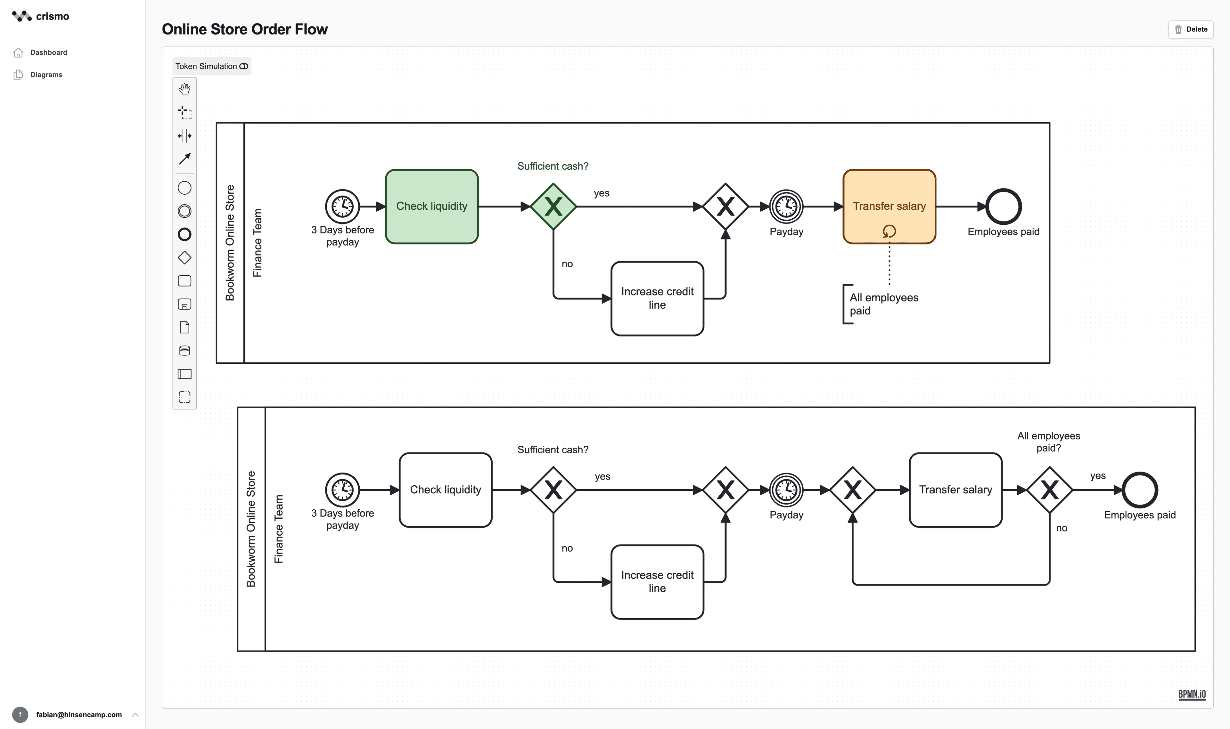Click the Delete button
click(1190, 29)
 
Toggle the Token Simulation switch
click(244, 66)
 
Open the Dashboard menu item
click(48, 53)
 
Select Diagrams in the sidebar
click(46, 75)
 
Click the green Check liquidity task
click(431, 206)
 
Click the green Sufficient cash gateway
click(553, 206)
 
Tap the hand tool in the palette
click(184, 89)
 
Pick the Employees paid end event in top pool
click(1003, 206)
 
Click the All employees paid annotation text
click(883, 304)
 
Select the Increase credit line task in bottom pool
click(657, 582)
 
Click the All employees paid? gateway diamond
click(1049, 490)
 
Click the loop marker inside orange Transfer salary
click(889, 231)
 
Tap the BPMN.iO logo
click(1191, 694)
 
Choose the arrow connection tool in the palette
click(184, 159)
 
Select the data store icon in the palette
click(184, 350)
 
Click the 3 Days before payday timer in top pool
click(342, 206)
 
